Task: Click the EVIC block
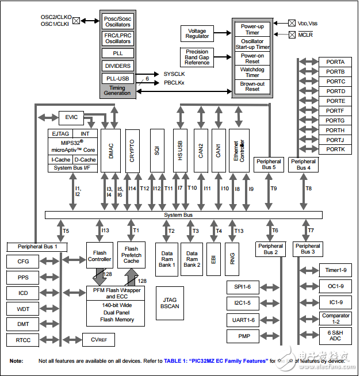[71, 117]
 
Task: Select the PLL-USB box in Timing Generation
[117, 79]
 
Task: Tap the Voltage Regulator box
[197, 33]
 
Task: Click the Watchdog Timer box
[252, 72]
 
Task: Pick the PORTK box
[335, 149]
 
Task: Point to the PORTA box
[335, 62]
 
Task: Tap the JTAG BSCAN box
[170, 303]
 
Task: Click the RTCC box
[23, 340]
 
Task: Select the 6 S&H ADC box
[336, 335]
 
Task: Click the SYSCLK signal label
[175, 74]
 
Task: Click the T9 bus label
[274, 189]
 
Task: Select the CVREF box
[98, 340]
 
